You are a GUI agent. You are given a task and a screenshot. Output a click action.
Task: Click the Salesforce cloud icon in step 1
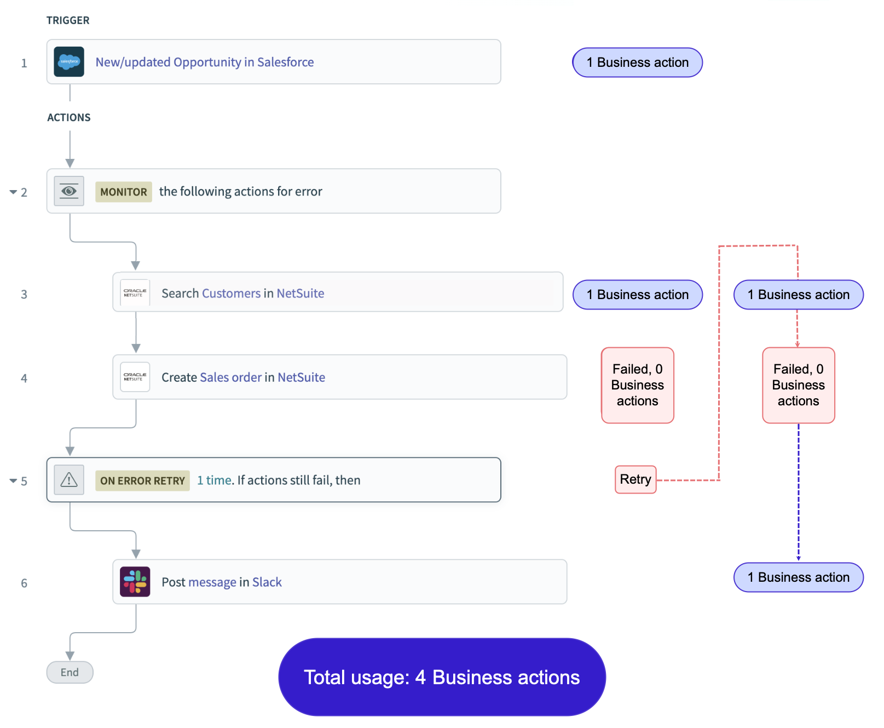click(69, 62)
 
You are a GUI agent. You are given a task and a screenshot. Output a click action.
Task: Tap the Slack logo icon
click(135, 581)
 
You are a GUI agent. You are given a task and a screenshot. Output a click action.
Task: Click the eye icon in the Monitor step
click(69, 191)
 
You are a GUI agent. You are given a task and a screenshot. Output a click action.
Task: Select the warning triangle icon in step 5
click(69, 480)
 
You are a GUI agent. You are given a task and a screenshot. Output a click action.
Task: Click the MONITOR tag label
click(124, 192)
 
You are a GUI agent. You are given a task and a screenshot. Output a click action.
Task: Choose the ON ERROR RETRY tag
click(142, 480)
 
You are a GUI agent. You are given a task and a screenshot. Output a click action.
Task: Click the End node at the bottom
click(70, 672)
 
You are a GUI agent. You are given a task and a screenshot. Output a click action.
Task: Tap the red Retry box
click(635, 479)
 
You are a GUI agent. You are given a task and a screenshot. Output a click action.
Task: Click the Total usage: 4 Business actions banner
click(442, 677)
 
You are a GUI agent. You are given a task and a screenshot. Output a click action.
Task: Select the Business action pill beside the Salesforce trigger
click(637, 62)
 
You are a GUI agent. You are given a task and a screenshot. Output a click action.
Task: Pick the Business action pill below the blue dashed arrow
click(798, 577)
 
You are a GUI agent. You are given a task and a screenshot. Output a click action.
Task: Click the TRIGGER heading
click(68, 20)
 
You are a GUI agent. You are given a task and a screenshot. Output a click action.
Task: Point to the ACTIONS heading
click(69, 117)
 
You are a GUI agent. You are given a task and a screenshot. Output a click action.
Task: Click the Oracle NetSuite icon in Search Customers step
click(135, 293)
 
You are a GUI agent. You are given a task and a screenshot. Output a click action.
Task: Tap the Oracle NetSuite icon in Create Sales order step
click(135, 377)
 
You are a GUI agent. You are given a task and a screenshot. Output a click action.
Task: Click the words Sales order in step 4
click(231, 377)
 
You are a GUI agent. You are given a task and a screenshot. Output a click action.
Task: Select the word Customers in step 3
click(231, 294)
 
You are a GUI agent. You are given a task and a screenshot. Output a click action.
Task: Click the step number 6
click(24, 583)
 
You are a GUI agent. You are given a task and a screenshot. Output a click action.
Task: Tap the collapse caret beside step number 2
click(13, 192)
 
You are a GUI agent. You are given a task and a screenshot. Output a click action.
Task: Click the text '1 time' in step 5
click(214, 480)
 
